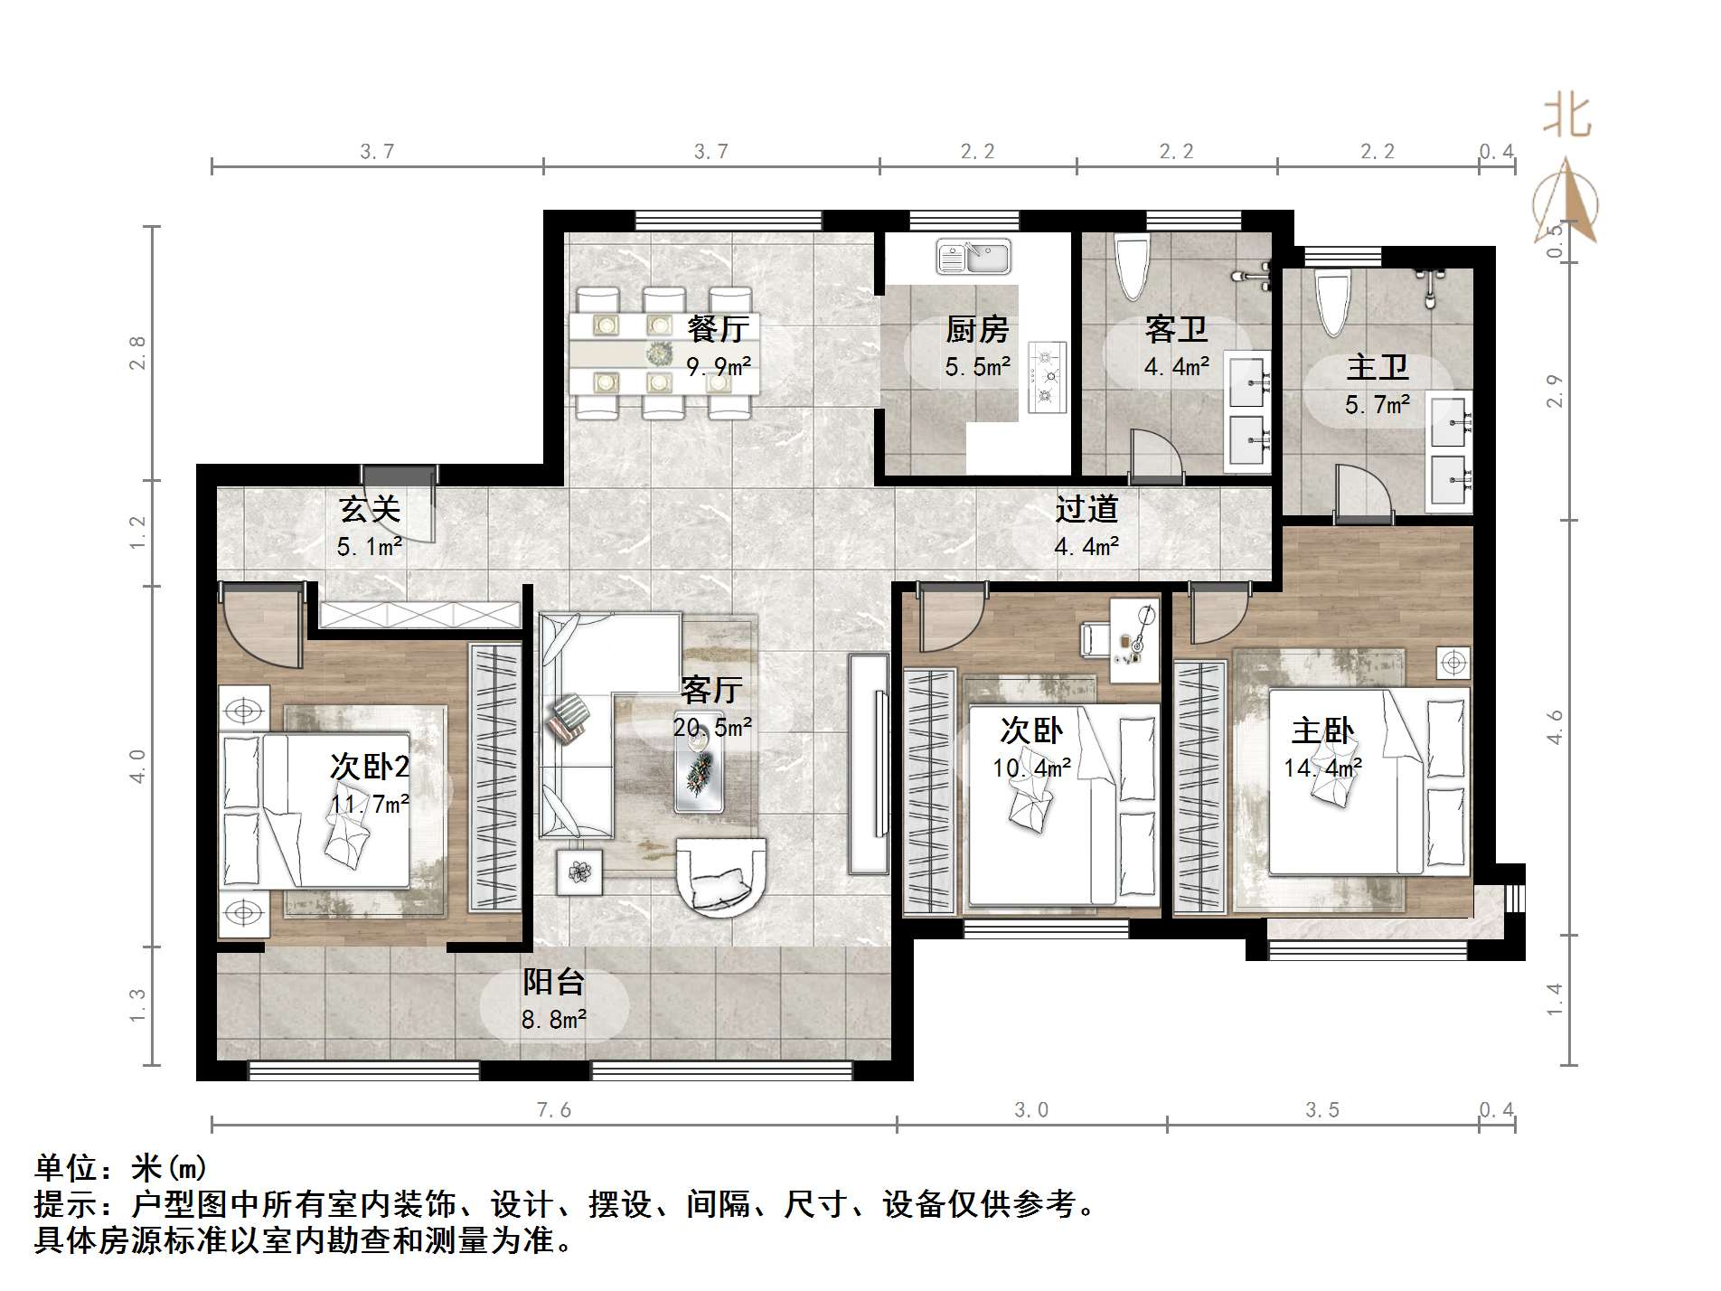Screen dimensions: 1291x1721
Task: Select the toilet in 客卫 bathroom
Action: tap(1131, 268)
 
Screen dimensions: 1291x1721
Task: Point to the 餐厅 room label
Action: tap(718, 328)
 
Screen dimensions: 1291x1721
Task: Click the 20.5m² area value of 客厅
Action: tap(712, 726)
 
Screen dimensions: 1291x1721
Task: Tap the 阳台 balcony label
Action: tap(554, 983)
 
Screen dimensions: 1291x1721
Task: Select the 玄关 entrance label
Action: tap(370, 509)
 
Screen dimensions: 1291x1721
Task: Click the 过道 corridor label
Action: tap(1086, 509)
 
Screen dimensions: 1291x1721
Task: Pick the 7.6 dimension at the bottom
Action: tap(554, 1110)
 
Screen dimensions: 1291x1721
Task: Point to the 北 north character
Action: tap(1566, 117)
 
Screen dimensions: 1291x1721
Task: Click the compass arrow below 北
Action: tap(1566, 201)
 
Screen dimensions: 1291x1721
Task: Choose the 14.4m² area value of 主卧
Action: tap(1322, 768)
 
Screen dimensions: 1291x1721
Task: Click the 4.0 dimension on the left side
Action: tap(137, 766)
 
